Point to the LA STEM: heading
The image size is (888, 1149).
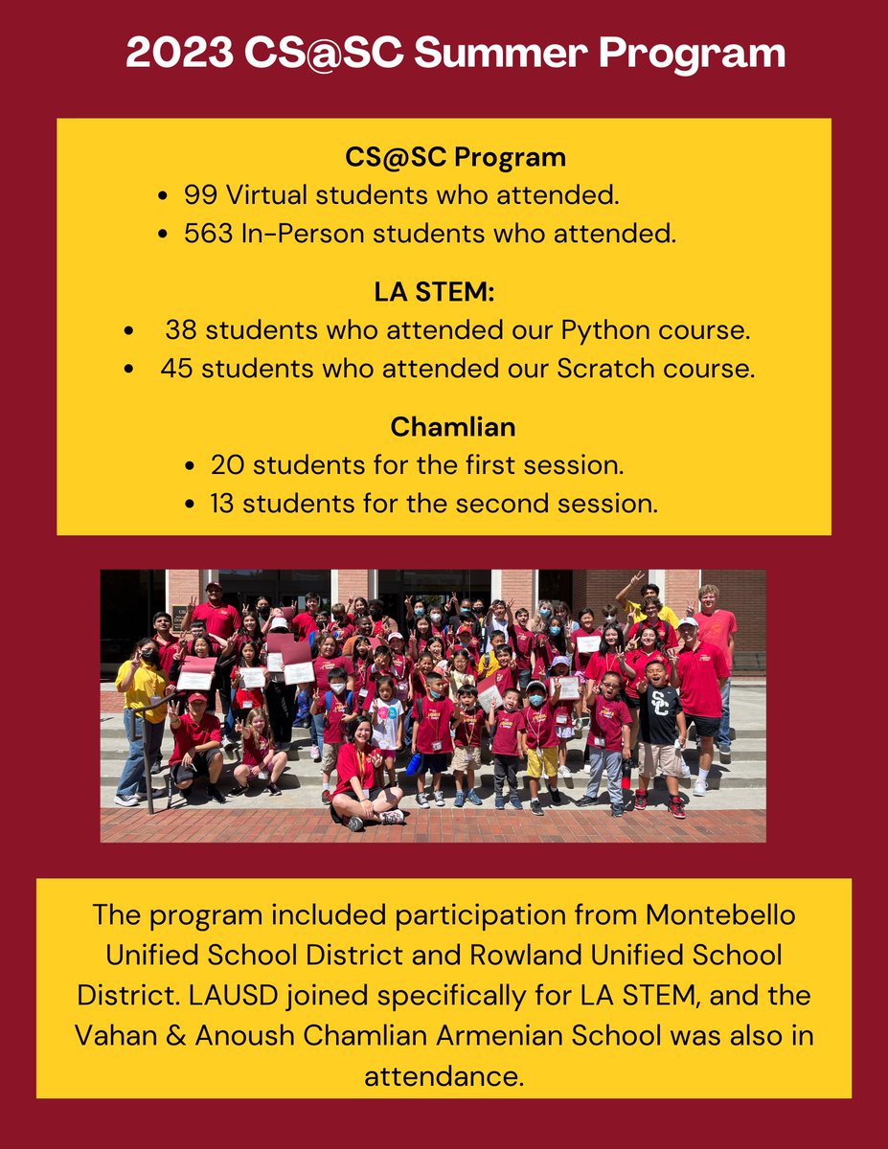tap(444, 292)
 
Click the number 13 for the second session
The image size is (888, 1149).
tap(226, 504)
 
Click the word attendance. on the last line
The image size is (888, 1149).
tap(444, 1075)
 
